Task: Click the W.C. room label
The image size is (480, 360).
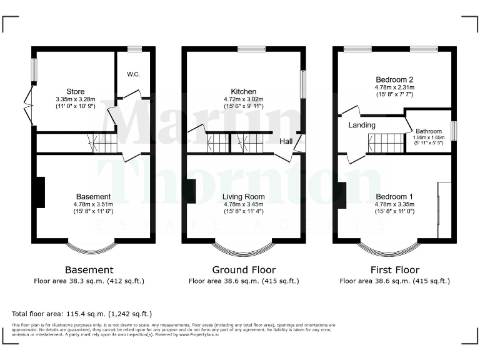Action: tap(133, 74)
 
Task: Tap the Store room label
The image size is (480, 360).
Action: tap(75, 92)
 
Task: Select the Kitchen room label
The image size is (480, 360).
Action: tap(243, 91)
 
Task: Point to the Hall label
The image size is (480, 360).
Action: tap(286, 142)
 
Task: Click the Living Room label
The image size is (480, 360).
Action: tap(244, 196)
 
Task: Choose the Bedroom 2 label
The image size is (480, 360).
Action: tap(394, 79)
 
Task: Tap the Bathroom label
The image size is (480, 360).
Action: tap(429, 131)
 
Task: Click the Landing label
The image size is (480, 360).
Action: tap(362, 125)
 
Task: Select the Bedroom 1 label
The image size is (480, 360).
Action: tap(394, 196)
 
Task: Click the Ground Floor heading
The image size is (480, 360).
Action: tap(244, 270)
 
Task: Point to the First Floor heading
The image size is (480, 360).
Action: tap(394, 270)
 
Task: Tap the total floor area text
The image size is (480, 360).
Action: tap(82, 314)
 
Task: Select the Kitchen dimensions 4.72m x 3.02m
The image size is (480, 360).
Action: tap(243, 99)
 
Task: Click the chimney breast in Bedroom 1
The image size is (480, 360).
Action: tap(342, 196)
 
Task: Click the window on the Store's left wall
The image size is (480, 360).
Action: tap(34, 69)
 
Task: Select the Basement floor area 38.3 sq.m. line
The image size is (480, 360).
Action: tap(89, 281)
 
